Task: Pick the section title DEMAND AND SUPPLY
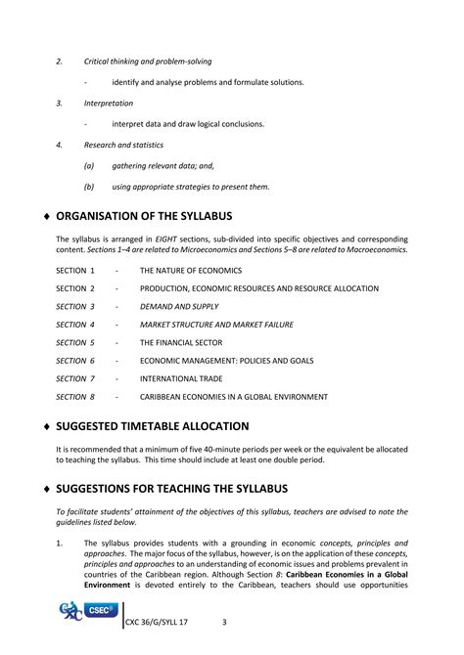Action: (x=179, y=306)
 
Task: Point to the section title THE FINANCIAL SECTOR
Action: (x=186, y=342)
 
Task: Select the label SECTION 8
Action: (x=75, y=397)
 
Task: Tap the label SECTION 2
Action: (x=75, y=288)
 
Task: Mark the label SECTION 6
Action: (x=75, y=361)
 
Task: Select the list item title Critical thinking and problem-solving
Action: (x=148, y=62)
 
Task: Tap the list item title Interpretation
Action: (x=109, y=103)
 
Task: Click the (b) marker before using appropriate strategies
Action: (x=89, y=187)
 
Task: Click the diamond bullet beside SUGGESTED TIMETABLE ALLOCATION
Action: (x=47, y=427)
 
